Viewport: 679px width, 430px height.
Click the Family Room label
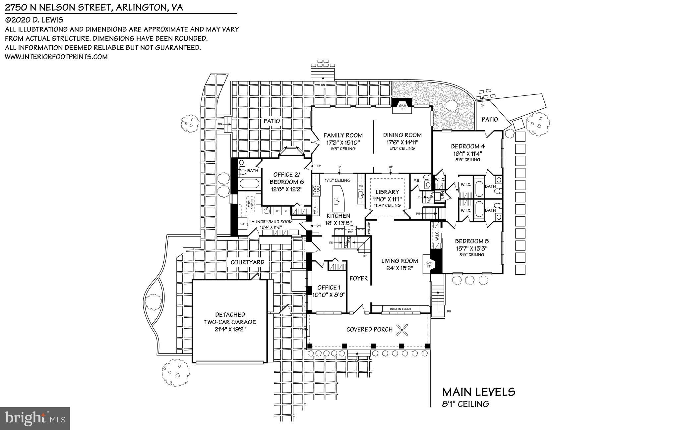click(x=343, y=135)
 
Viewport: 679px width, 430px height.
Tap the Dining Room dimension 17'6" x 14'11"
click(x=402, y=142)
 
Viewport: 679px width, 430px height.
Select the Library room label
click(x=387, y=192)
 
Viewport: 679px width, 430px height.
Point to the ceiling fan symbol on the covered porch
click(x=403, y=329)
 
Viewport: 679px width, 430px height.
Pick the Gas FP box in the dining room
click(x=402, y=108)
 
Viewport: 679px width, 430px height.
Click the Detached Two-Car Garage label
click(x=230, y=318)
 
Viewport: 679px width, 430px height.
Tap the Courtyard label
click(x=247, y=262)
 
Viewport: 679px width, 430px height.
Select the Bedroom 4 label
click(x=465, y=146)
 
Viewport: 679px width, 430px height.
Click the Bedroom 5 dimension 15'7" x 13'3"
click(x=471, y=248)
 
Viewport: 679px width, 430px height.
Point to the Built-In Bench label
click(x=400, y=309)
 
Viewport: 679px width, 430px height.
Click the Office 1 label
click(x=329, y=288)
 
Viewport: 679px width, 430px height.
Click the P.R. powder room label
click(x=416, y=181)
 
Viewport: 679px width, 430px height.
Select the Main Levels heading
click(x=479, y=392)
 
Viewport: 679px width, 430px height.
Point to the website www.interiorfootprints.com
click(x=56, y=57)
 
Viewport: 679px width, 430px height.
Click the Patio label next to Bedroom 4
click(x=489, y=120)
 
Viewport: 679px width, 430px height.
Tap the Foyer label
click(x=358, y=279)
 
